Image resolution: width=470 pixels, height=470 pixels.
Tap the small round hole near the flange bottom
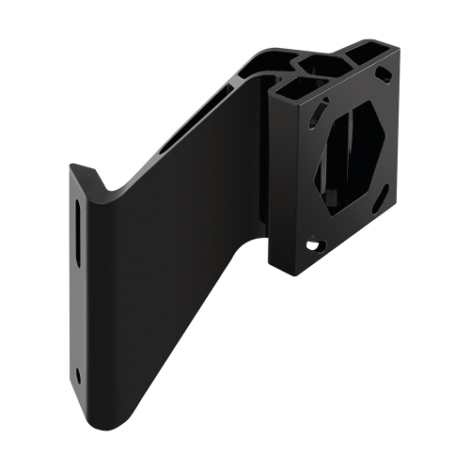78,375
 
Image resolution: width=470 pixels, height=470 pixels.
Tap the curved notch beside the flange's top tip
103,188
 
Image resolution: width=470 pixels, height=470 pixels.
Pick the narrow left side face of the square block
278,179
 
